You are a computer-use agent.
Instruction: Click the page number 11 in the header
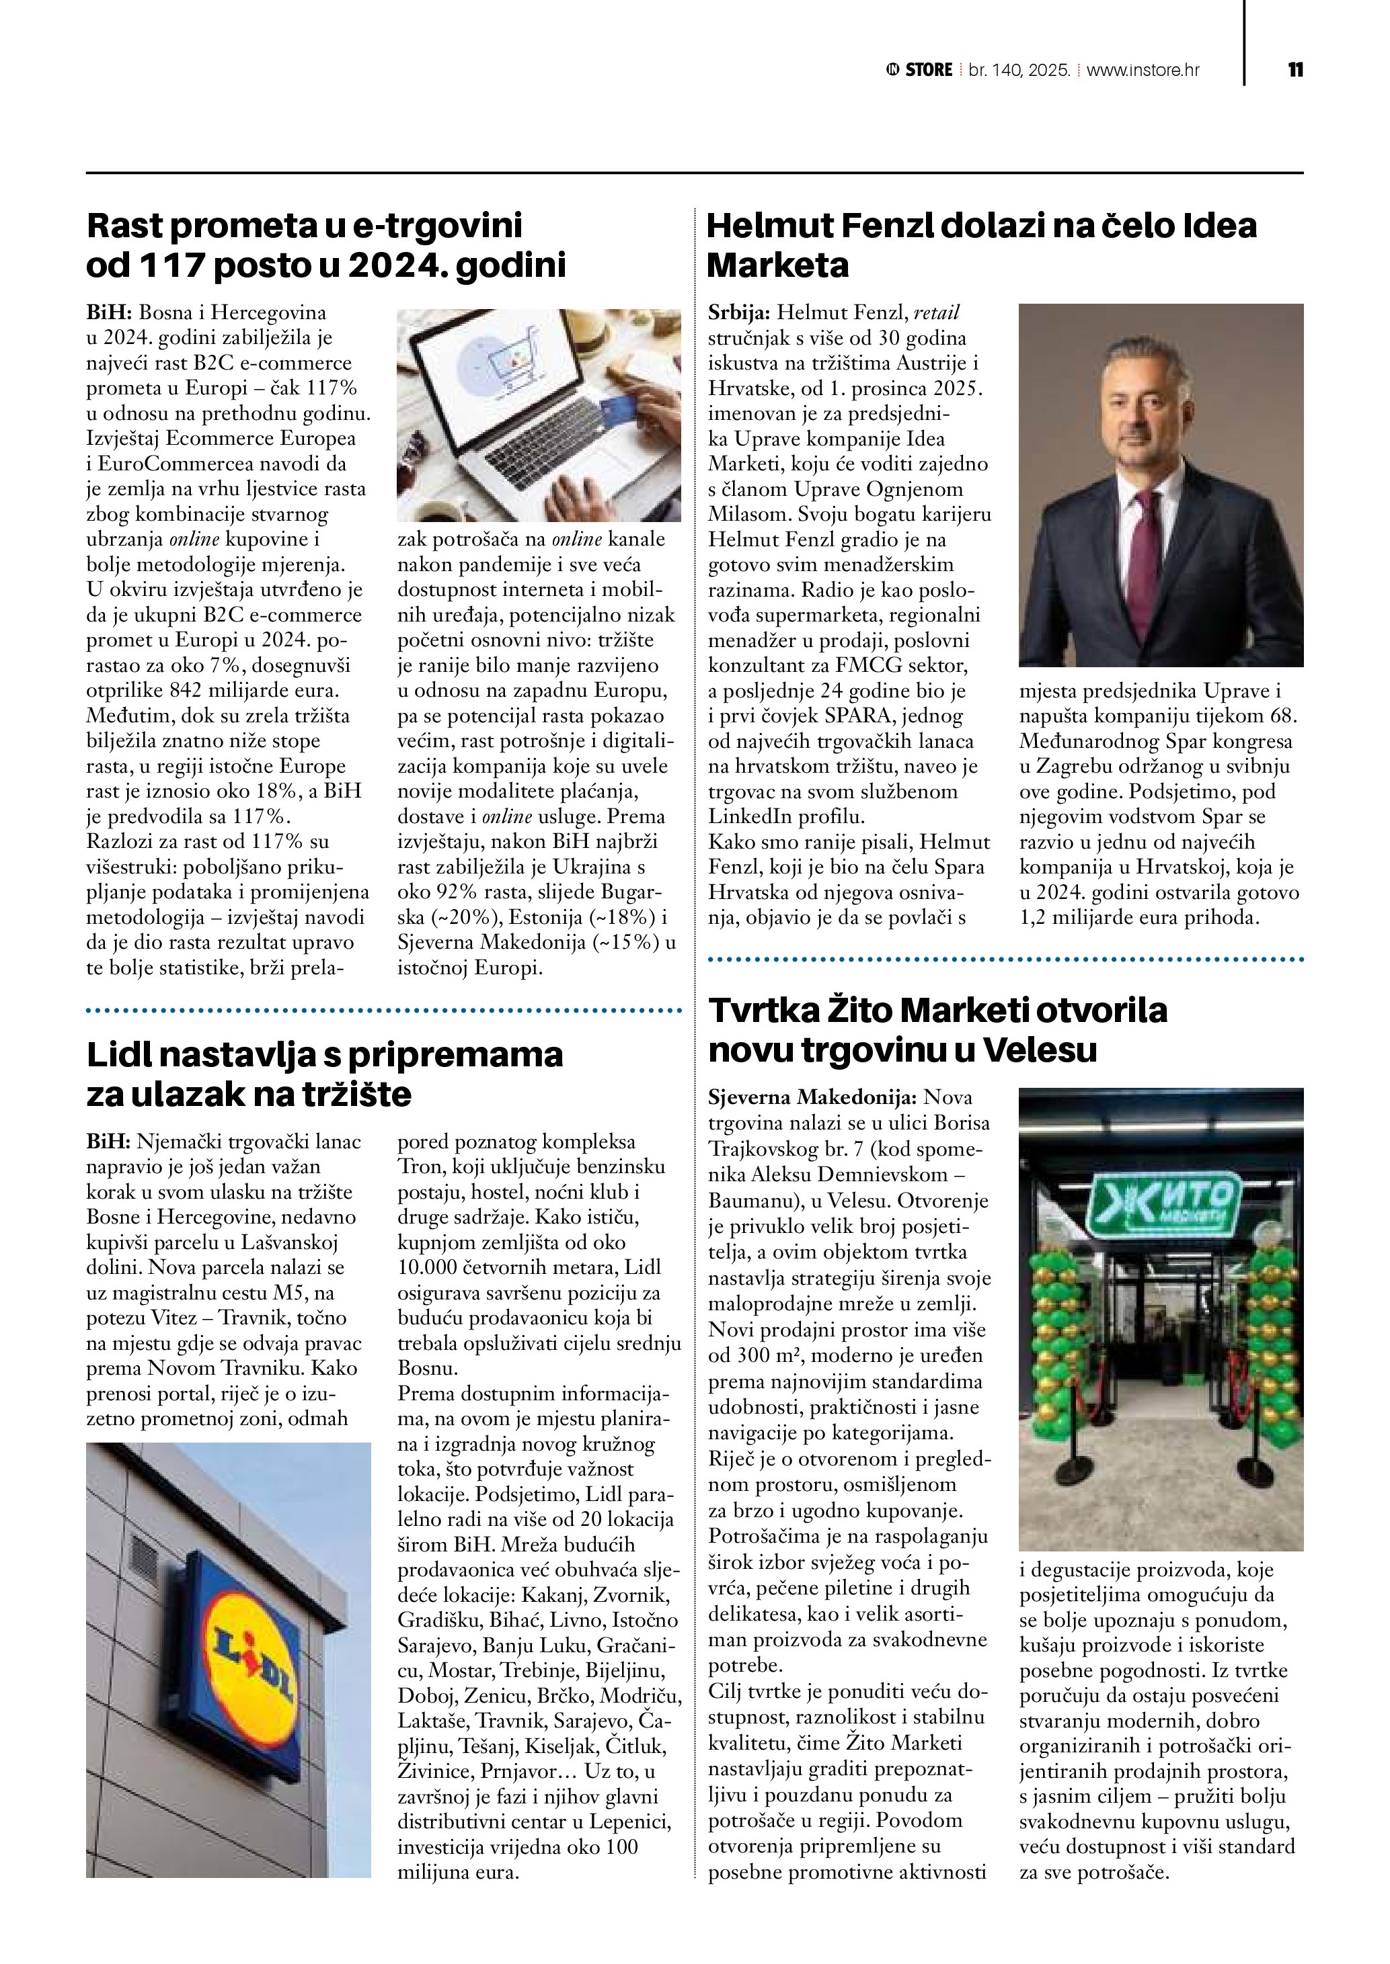(x=1295, y=70)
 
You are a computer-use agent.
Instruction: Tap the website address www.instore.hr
(x=1143, y=70)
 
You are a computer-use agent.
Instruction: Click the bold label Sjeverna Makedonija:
(x=812, y=1097)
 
